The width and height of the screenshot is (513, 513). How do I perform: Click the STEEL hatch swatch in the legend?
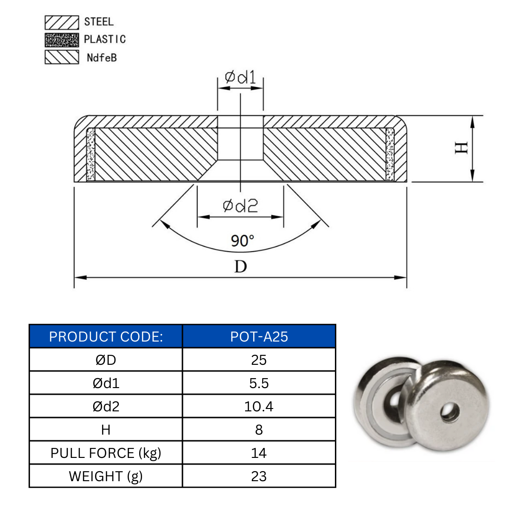click(62, 22)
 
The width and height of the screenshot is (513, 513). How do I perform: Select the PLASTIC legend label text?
click(104, 39)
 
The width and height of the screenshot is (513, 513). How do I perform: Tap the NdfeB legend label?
click(102, 58)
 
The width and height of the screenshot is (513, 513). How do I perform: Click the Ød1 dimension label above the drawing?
click(240, 77)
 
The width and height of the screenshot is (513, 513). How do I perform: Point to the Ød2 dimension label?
click(240, 206)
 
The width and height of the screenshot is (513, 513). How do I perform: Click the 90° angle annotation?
click(243, 241)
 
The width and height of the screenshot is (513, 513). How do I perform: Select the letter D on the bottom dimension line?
click(241, 266)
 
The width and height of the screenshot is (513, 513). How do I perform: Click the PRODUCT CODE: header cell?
click(106, 337)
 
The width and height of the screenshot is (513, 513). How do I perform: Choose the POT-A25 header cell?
click(259, 337)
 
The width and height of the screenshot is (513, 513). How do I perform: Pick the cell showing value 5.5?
click(259, 383)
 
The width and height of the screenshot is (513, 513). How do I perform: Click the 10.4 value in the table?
click(259, 407)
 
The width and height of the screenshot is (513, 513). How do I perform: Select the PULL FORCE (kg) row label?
click(106, 453)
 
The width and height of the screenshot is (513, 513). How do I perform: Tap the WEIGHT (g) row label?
click(106, 476)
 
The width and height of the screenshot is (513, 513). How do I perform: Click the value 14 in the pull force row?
click(259, 453)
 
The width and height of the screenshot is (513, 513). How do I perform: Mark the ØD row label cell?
click(106, 360)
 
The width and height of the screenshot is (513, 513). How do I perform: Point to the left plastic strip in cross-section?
click(91, 155)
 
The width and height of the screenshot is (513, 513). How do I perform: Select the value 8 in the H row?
click(259, 430)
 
